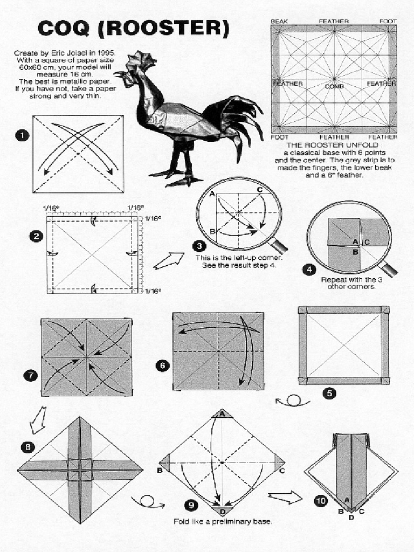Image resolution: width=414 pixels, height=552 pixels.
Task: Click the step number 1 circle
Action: coord(22,136)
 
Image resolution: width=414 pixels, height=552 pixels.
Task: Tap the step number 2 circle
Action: coord(36,236)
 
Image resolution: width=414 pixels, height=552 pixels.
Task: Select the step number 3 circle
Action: coord(199,246)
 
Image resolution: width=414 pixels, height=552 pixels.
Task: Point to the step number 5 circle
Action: coord(329,393)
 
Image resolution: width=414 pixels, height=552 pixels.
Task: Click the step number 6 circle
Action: coord(162,365)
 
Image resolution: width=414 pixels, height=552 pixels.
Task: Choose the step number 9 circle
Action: coord(191,505)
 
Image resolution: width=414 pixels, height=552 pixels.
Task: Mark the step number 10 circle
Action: coord(321,501)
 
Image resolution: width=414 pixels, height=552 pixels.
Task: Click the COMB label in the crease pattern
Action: coord(334,86)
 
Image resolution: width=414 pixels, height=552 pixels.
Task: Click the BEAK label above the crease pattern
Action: coord(279,22)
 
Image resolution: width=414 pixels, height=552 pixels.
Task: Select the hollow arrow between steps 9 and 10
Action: coord(285,497)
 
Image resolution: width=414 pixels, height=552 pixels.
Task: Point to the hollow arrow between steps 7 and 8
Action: coord(38,420)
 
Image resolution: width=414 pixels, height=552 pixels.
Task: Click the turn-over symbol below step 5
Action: coord(293,401)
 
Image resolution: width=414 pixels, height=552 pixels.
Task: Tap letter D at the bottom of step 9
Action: coord(222,512)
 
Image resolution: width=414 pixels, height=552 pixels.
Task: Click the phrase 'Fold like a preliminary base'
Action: coord(223,522)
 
